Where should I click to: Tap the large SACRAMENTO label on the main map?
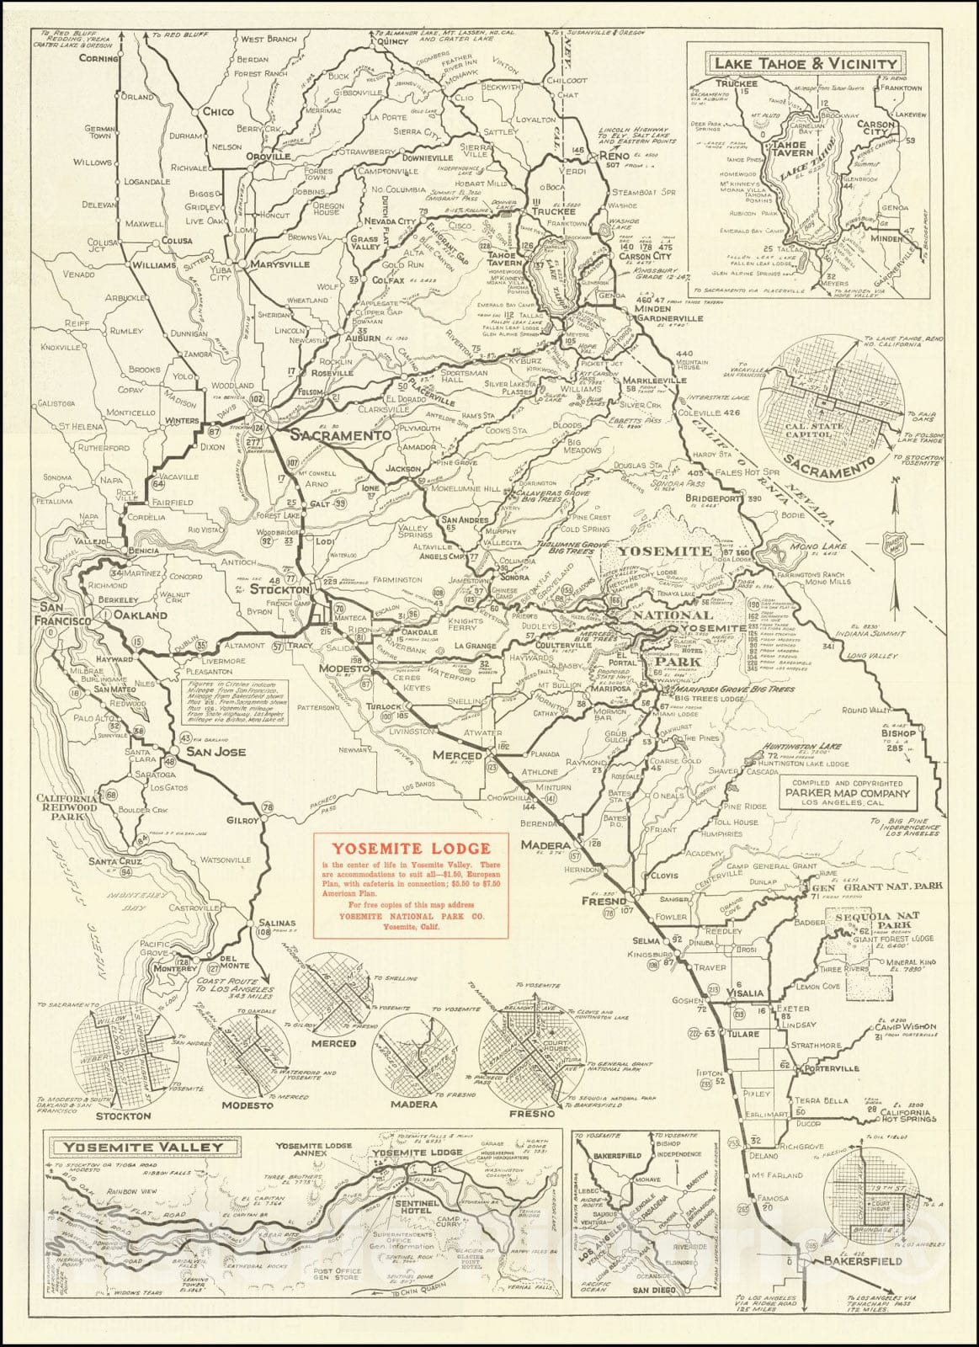click(341, 436)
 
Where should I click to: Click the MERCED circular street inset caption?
click(333, 1043)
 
